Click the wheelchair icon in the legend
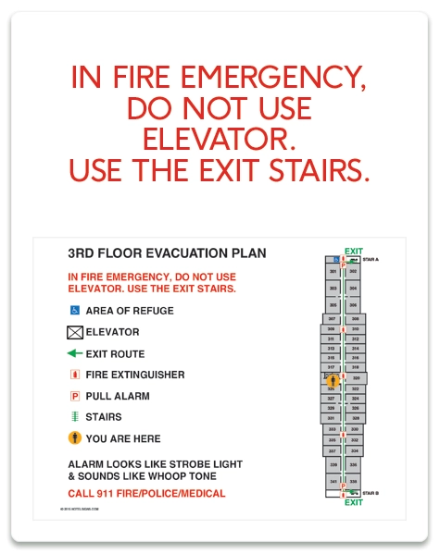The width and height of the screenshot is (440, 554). [x=75, y=311]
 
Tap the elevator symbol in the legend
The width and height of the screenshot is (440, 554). [x=75, y=332]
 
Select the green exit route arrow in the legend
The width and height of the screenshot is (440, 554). [x=75, y=353]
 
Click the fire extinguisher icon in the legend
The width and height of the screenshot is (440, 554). [x=75, y=375]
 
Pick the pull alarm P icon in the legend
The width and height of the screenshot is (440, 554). [x=75, y=396]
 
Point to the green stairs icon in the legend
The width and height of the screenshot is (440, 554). [x=75, y=417]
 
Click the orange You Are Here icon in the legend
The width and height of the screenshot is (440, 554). [x=75, y=438]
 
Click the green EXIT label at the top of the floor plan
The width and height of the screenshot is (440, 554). [x=353, y=251]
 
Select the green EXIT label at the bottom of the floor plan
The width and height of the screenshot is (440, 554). [x=353, y=503]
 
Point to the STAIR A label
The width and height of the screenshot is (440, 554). [x=371, y=260]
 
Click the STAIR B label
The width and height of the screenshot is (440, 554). [x=371, y=494]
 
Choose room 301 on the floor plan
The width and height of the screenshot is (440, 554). [x=333, y=272]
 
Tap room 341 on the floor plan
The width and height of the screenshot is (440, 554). [x=333, y=481]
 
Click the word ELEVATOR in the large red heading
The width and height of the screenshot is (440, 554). [x=220, y=140]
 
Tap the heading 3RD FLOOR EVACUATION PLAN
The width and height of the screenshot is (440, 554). [x=167, y=252]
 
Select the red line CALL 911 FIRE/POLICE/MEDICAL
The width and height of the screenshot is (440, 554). [x=146, y=494]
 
